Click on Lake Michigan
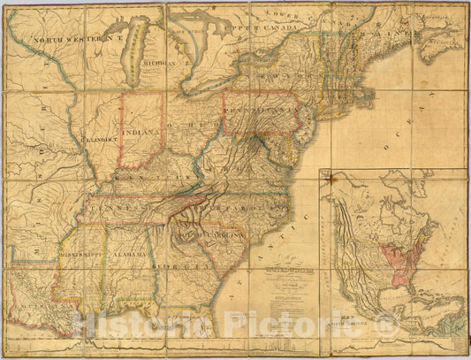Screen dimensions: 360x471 pyautogui.click(x=135, y=62)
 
